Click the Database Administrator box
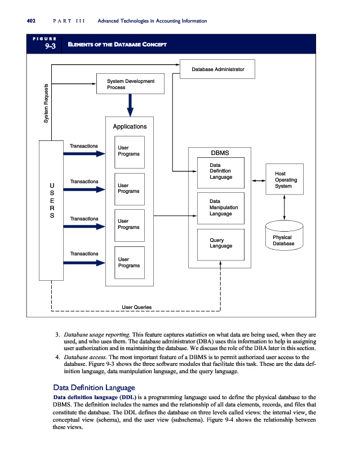(217, 69)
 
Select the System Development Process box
(130, 84)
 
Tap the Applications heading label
(130, 126)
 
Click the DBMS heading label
(220, 152)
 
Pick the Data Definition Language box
(220, 171)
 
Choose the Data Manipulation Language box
(220, 207)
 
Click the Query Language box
(220, 244)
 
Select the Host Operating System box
(285, 179)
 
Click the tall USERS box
(52, 210)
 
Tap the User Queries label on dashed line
(136, 307)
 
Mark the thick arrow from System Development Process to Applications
(130, 104)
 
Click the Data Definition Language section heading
(93, 387)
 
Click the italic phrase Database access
(85, 357)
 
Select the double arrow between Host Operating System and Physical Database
(285, 207)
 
